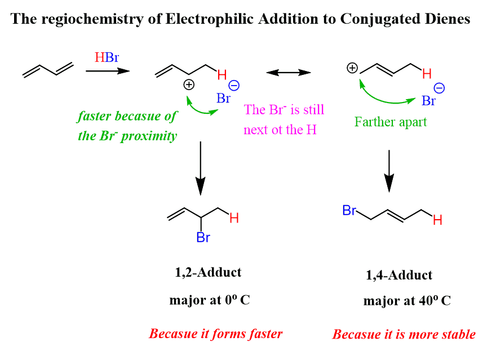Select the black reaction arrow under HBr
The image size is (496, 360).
tap(107, 71)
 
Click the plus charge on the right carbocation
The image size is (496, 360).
tap(352, 68)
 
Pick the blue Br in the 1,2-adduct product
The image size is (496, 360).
tap(203, 237)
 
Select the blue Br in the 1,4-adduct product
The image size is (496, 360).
tap(349, 211)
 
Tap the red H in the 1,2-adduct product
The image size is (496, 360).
tap(234, 218)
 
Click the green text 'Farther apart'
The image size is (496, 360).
tap(391, 121)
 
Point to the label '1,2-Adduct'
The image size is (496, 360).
tap(208, 273)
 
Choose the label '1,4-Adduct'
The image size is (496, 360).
tap(398, 275)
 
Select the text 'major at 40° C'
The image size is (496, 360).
tap(407, 301)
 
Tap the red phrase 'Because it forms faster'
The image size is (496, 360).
tap(215, 334)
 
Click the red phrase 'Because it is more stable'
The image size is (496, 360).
tap(404, 334)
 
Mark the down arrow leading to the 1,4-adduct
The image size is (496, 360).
tap(388, 170)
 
